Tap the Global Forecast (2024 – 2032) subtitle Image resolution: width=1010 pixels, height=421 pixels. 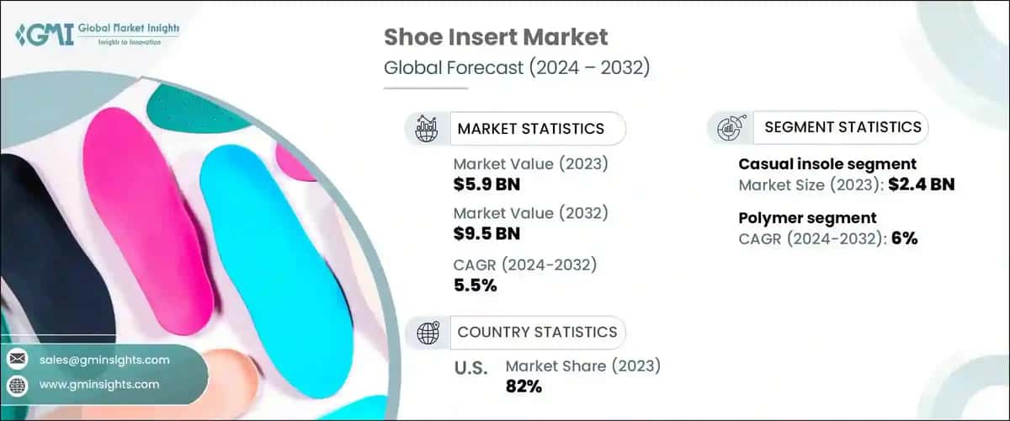(x=516, y=67)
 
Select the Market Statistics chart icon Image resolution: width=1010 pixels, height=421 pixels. (x=426, y=128)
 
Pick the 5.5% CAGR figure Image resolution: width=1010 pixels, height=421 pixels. (x=475, y=285)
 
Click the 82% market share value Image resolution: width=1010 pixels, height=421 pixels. (x=524, y=386)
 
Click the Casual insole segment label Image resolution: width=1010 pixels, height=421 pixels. (x=827, y=164)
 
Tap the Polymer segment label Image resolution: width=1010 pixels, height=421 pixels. (x=796, y=218)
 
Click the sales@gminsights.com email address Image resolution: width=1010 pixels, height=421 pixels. (x=104, y=360)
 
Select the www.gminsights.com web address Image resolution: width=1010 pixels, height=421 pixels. (x=99, y=384)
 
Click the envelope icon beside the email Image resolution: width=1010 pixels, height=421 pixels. (x=16, y=360)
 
